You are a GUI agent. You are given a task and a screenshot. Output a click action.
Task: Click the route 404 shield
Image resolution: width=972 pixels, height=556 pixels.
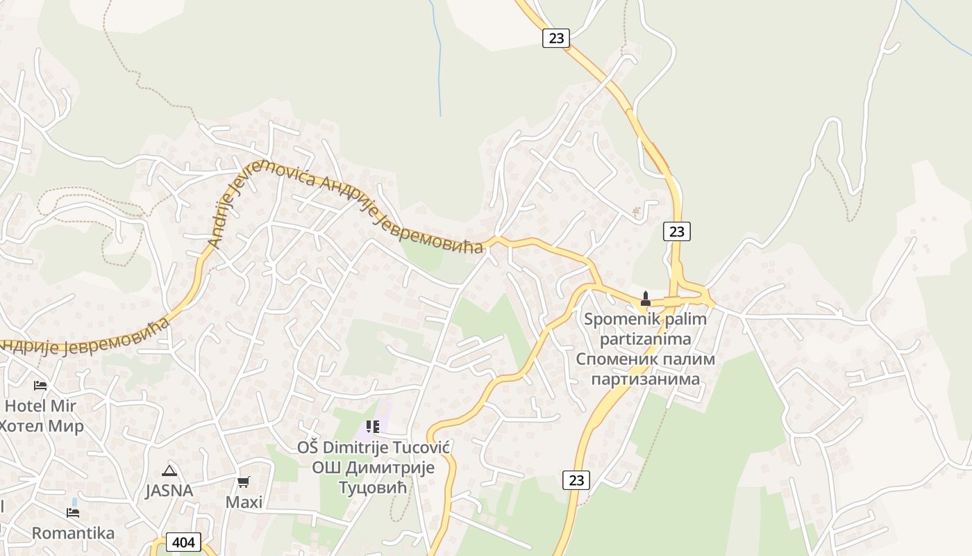click(184, 542)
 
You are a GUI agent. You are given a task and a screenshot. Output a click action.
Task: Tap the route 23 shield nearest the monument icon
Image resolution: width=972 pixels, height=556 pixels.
click(676, 231)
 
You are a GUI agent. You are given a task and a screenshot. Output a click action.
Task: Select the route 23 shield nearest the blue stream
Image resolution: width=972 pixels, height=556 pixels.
click(556, 38)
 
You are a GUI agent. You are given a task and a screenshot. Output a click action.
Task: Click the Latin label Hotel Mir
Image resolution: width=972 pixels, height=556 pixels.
click(40, 406)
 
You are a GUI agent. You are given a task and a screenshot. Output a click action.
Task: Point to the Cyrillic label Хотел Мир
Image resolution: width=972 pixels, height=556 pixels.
click(42, 425)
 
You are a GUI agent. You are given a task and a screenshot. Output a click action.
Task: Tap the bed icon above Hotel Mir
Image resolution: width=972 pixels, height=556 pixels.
click(40, 385)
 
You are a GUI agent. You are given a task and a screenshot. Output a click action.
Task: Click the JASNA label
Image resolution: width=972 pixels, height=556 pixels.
click(169, 491)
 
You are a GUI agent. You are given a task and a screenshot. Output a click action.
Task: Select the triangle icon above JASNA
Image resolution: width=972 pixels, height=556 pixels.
click(169, 471)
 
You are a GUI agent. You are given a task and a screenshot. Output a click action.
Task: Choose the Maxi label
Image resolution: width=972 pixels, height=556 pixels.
click(244, 502)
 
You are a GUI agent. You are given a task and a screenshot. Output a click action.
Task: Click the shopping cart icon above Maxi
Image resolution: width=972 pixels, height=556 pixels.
click(244, 482)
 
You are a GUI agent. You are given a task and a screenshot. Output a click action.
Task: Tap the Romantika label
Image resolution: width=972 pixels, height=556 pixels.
click(73, 533)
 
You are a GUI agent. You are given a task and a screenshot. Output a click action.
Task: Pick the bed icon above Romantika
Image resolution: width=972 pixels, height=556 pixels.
click(73, 513)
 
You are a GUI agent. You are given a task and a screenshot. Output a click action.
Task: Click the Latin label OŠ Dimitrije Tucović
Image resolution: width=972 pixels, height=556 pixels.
click(374, 448)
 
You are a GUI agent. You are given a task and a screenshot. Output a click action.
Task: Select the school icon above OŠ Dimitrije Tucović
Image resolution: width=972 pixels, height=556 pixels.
click(373, 426)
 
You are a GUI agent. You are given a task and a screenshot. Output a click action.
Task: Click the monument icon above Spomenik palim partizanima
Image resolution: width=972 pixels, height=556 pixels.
click(645, 300)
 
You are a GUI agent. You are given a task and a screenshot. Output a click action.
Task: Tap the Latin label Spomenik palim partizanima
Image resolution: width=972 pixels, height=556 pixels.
click(645, 329)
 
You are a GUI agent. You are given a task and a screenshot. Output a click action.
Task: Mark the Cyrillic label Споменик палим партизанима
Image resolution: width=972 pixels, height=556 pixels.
click(645, 370)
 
